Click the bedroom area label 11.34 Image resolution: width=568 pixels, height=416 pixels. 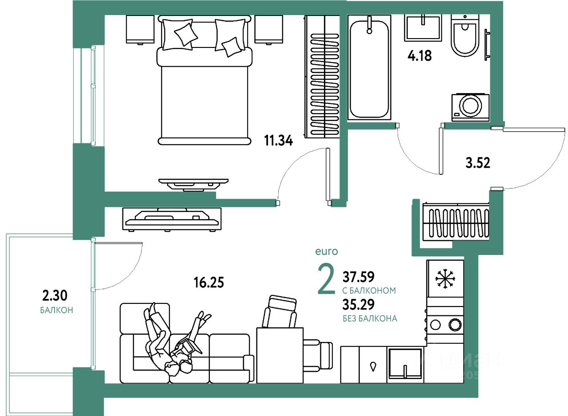point(279,141)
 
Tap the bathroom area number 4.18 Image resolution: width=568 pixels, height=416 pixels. point(419,56)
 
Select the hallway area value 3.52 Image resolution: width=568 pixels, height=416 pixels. point(477,163)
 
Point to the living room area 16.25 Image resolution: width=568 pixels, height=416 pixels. point(209,283)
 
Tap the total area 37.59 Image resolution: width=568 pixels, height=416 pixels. point(359,277)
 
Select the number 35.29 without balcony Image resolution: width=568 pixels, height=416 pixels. point(359,304)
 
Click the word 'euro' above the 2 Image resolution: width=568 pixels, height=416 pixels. point(327,251)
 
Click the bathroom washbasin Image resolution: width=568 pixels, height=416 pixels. point(422,27)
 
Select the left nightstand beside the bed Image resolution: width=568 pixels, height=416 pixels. point(140,29)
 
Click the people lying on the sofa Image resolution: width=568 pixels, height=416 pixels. point(173,341)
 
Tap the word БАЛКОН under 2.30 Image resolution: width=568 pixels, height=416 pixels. point(56,310)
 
